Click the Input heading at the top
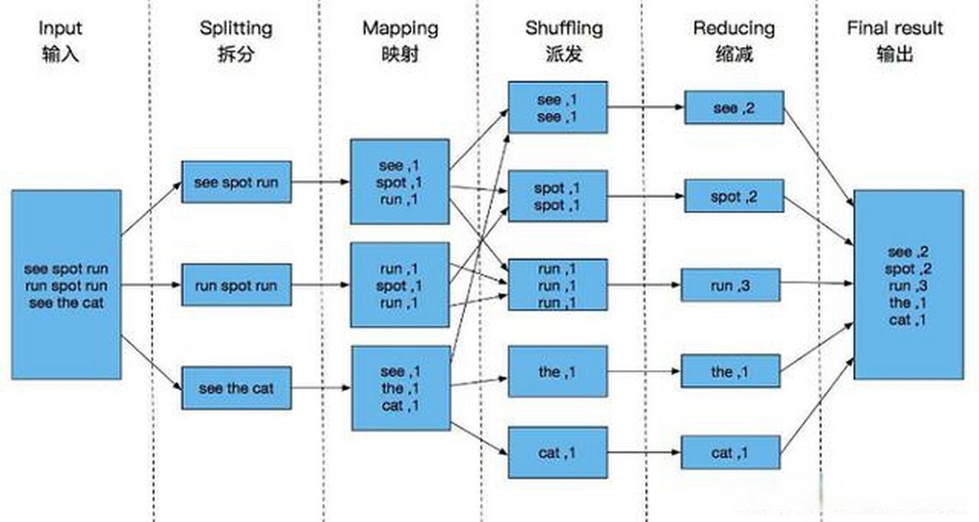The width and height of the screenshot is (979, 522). coord(60,29)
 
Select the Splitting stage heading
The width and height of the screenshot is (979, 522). coord(235,29)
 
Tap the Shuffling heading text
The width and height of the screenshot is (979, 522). coord(564,29)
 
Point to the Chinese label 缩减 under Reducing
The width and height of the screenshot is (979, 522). coord(734,54)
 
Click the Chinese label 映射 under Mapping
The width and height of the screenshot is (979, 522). coord(400,54)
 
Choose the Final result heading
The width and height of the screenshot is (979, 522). coord(895,29)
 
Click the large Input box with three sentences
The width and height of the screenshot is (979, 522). coord(66,284)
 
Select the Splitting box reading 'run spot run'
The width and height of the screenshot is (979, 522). coord(236,285)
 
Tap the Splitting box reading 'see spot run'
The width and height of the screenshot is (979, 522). coord(236,182)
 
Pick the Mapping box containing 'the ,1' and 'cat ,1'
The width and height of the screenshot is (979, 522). coord(400,388)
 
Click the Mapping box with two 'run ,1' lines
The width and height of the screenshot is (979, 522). coord(400,285)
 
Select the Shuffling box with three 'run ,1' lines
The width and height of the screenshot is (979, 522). coord(558,285)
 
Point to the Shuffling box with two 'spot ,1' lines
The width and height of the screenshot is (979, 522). coord(558,196)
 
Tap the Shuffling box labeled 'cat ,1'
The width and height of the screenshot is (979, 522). coord(558,452)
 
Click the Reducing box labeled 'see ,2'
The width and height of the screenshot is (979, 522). coord(734,108)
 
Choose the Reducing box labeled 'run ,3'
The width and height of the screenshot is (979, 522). coord(730,285)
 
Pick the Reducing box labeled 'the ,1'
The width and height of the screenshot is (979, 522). coord(730,371)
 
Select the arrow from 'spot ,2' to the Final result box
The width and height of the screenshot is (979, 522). coord(819,221)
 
